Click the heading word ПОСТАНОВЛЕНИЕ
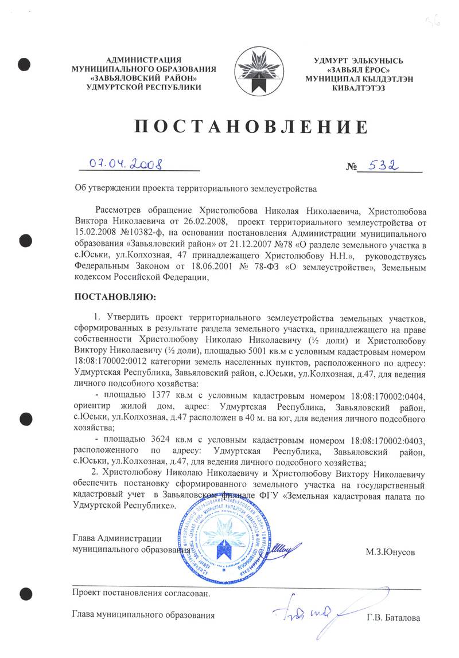(250, 126)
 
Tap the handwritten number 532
(384, 165)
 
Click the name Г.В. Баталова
(394, 618)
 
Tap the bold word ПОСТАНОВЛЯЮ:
(115, 298)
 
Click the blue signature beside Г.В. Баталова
(313, 612)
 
